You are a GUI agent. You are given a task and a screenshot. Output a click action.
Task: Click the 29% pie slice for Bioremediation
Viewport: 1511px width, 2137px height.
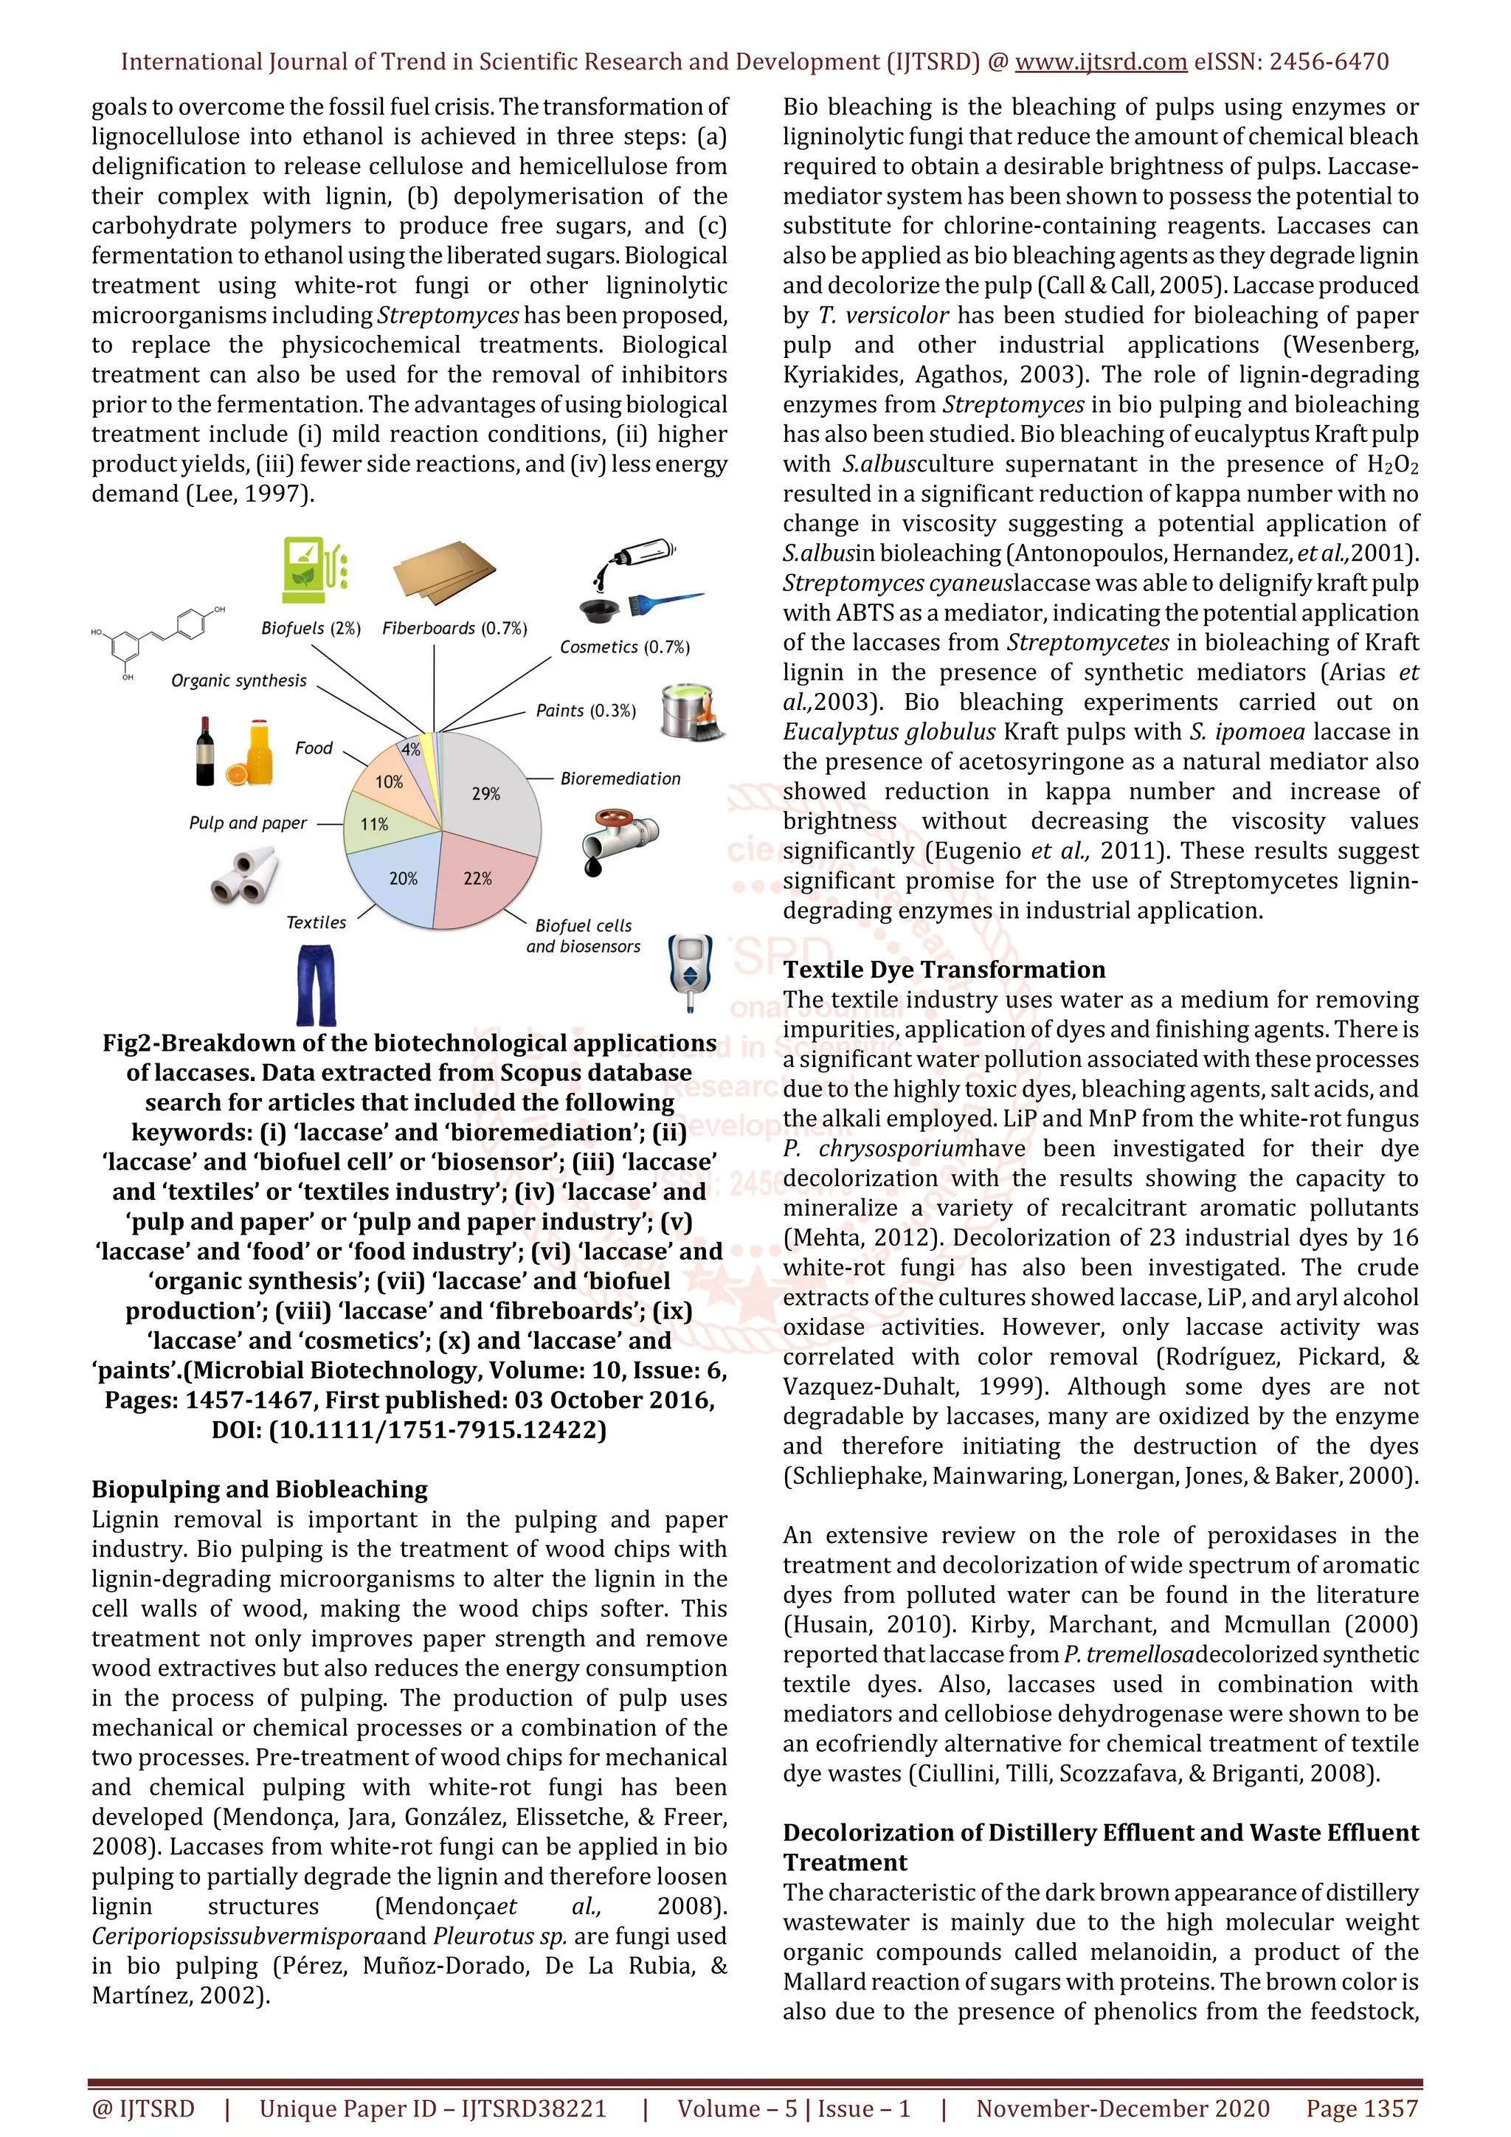(488, 791)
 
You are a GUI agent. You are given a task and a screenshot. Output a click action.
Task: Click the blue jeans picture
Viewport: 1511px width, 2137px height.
(317, 984)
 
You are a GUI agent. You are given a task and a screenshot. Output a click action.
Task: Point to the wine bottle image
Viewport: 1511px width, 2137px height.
(206, 752)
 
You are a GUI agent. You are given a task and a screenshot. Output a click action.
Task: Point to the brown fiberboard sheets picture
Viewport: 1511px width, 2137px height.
(444, 573)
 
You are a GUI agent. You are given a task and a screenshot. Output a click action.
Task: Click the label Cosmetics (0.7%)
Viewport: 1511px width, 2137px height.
(624, 647)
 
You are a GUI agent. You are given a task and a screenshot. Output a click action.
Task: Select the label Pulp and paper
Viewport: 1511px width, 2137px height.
(247, 823)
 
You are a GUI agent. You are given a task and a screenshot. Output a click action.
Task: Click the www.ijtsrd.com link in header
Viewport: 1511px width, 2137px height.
(1100, 63)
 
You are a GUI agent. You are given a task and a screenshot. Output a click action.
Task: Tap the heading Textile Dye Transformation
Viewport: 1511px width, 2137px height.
(944, 970)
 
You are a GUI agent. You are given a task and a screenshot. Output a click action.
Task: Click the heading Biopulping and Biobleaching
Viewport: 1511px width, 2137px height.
(260, 1489)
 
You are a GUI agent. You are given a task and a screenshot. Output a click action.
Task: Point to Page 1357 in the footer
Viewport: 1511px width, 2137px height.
(1361, 2109)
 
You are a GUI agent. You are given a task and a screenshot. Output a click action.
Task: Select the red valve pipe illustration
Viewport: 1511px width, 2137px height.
(618, 838)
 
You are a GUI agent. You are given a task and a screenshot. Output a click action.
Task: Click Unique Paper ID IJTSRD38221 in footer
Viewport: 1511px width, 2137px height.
(432, 2109)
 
